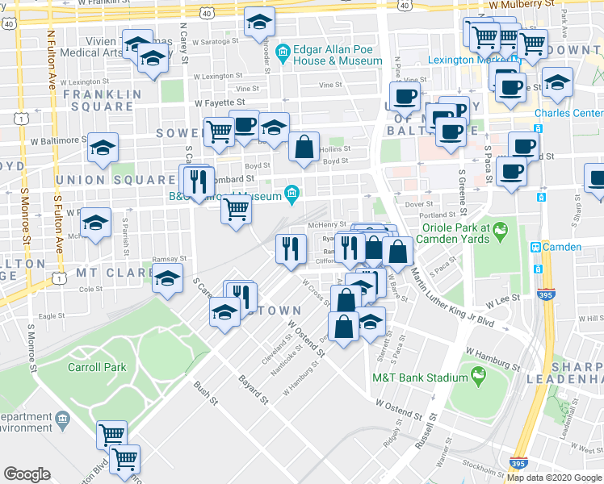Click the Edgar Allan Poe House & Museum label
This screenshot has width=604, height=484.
[337, 55]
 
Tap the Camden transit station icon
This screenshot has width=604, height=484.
[535, 247]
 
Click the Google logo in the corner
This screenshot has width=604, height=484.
[27, 474]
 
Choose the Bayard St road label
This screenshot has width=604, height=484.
[253, 388]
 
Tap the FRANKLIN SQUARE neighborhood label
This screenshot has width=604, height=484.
[98, 100]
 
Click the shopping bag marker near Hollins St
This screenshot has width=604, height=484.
[304, 148]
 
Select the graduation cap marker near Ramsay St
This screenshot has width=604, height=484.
[167, 279]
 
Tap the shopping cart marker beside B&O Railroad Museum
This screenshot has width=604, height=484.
[236, 209]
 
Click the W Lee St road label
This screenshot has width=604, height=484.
[500, 300]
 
